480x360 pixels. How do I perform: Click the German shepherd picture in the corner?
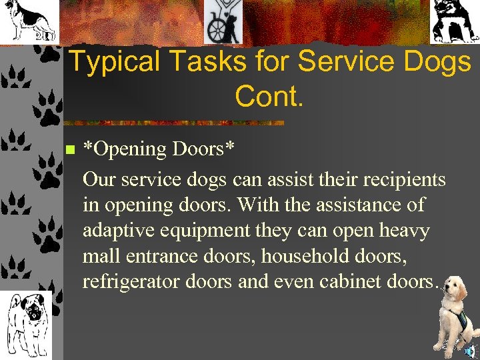[29, 21]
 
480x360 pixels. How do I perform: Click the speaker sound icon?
[471, 350]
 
